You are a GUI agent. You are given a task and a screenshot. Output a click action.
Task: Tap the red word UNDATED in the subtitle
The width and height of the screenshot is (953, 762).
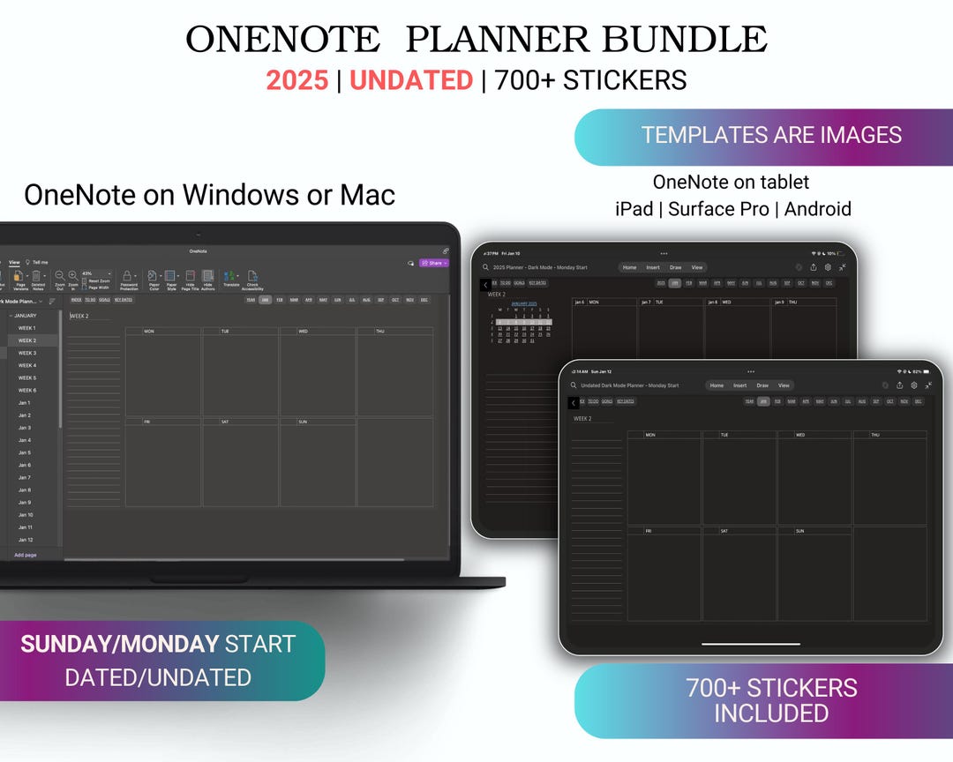point(411,80)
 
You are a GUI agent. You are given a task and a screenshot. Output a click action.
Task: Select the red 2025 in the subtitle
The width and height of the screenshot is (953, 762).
point(297,80)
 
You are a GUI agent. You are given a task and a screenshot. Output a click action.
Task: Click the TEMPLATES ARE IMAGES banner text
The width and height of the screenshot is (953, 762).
point(771,135)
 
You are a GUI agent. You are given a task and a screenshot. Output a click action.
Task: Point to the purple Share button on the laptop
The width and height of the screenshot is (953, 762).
point(434,263)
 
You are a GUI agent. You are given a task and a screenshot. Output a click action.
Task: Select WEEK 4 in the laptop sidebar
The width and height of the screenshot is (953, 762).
point(27,365)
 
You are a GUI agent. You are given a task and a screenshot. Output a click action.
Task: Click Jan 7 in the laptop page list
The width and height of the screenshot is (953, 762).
point(25,477)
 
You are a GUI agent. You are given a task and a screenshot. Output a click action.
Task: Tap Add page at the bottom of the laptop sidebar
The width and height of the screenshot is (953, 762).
point(26,555)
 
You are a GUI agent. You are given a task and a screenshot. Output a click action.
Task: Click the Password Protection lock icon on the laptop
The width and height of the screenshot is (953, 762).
point(128,276)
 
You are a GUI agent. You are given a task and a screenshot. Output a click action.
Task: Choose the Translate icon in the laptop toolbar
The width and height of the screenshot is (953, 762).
point(231,276)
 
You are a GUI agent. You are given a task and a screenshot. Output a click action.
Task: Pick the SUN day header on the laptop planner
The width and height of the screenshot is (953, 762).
point(303,422)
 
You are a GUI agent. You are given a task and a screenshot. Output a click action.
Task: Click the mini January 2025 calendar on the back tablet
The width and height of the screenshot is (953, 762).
point(524,323)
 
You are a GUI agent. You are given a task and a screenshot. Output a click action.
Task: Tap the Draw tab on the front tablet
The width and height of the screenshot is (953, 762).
point(762,385)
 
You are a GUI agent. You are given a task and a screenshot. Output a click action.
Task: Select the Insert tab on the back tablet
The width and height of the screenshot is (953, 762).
point(653,267)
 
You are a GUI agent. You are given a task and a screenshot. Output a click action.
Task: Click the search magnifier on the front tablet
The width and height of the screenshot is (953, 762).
point(574,385)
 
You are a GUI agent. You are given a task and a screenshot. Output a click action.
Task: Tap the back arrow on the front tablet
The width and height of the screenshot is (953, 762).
point(574,403)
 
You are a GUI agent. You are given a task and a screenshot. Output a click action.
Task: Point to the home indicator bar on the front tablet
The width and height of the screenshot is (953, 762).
point(751,644)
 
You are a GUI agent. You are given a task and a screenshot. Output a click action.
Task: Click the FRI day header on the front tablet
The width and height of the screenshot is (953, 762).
point(649,531)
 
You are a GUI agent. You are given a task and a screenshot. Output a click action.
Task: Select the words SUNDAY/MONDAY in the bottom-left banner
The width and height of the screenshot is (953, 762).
point(119,644)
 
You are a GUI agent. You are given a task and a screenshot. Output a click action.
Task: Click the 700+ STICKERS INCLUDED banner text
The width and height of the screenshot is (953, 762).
point(771,700)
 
